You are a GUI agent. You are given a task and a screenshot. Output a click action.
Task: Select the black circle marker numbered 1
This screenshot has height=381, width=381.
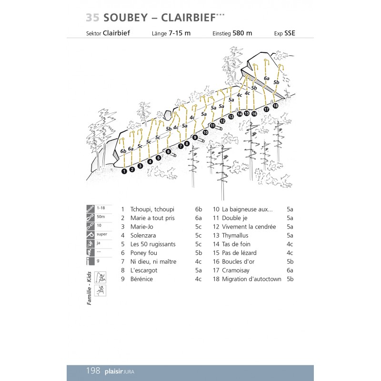pos(124,171)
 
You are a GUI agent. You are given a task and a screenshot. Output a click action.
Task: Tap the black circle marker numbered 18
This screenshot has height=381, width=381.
pos(275,106)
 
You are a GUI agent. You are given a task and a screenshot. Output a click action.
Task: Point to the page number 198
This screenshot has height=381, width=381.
pos(93,371)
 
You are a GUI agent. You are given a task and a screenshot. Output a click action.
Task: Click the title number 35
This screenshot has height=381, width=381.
pos(92,18)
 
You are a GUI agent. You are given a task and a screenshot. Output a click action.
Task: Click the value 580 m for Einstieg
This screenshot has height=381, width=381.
pos(242,33)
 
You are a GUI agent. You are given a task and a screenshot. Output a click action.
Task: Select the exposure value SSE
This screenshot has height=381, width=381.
pos(290,33)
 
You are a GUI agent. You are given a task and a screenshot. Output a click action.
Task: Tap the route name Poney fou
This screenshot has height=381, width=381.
pos(143,253)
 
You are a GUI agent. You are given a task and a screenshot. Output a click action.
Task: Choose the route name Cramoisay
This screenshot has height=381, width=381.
pos(237,271)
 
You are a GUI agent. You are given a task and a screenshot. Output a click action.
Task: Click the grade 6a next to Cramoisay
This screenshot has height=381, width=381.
pos(290,271)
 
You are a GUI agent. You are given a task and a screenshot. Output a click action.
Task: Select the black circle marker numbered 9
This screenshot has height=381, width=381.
pos(195,137)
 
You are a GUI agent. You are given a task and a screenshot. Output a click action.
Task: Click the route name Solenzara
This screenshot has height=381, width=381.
pos(143,235)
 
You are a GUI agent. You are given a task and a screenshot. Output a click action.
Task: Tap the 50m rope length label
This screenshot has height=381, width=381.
pos(100,217)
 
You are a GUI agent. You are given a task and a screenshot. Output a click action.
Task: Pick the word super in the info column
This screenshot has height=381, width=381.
pos(101,234)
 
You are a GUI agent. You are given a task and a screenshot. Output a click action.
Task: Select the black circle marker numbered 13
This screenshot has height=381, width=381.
pos(231,117)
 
